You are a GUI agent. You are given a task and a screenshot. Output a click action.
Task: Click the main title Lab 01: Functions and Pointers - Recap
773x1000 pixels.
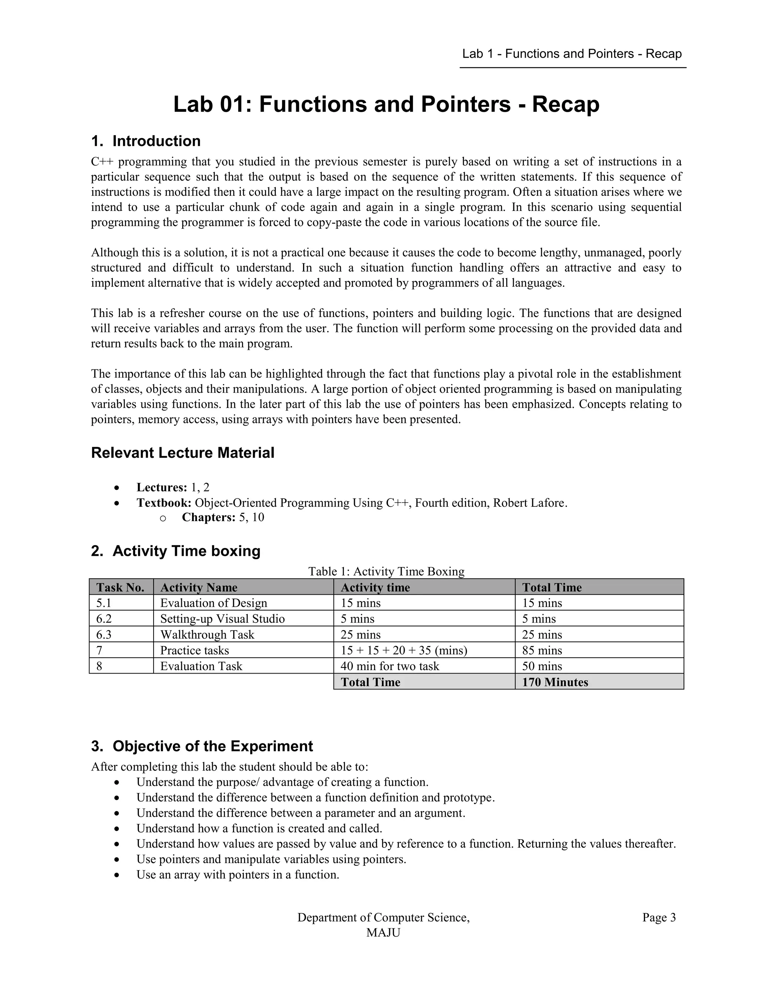(386, 105)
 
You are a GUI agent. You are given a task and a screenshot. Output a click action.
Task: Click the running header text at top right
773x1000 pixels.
(571, 54)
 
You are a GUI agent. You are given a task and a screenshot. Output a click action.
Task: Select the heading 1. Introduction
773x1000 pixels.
(146, 141)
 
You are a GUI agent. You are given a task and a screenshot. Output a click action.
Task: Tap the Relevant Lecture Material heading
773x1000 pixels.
(183, 453)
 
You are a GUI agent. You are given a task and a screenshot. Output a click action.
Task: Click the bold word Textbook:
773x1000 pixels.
(163, 503)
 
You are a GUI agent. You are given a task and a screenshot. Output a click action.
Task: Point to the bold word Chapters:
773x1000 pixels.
(208, 517)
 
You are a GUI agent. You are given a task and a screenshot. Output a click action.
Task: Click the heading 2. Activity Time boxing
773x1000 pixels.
(176, 551)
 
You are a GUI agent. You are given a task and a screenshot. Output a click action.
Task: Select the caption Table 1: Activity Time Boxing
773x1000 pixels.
(386, 571)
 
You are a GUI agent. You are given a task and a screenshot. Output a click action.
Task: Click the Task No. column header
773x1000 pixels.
(120, 588)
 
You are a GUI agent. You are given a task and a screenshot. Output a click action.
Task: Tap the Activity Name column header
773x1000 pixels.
(199, 588)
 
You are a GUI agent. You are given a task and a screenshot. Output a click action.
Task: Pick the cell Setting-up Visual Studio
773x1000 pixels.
(223, 619)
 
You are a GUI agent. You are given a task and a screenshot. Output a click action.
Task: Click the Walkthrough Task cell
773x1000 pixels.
(207, 635)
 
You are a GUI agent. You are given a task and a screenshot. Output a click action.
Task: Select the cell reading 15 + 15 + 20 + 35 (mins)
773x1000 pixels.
(403, 651)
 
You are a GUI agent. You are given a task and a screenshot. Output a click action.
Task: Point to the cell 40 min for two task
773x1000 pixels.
(390, 666)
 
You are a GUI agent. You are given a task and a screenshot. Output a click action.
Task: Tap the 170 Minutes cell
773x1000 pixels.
(555, 682)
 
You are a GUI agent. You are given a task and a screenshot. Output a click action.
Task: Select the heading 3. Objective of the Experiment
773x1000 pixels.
(202, 746)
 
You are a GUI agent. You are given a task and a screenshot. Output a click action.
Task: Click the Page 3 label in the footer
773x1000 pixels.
(659, 918)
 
